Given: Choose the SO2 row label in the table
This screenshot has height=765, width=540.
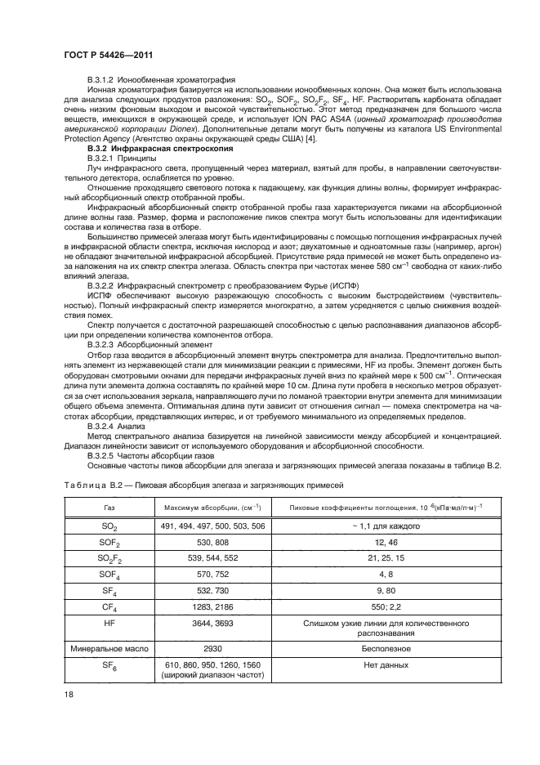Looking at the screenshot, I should coord(109,528).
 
